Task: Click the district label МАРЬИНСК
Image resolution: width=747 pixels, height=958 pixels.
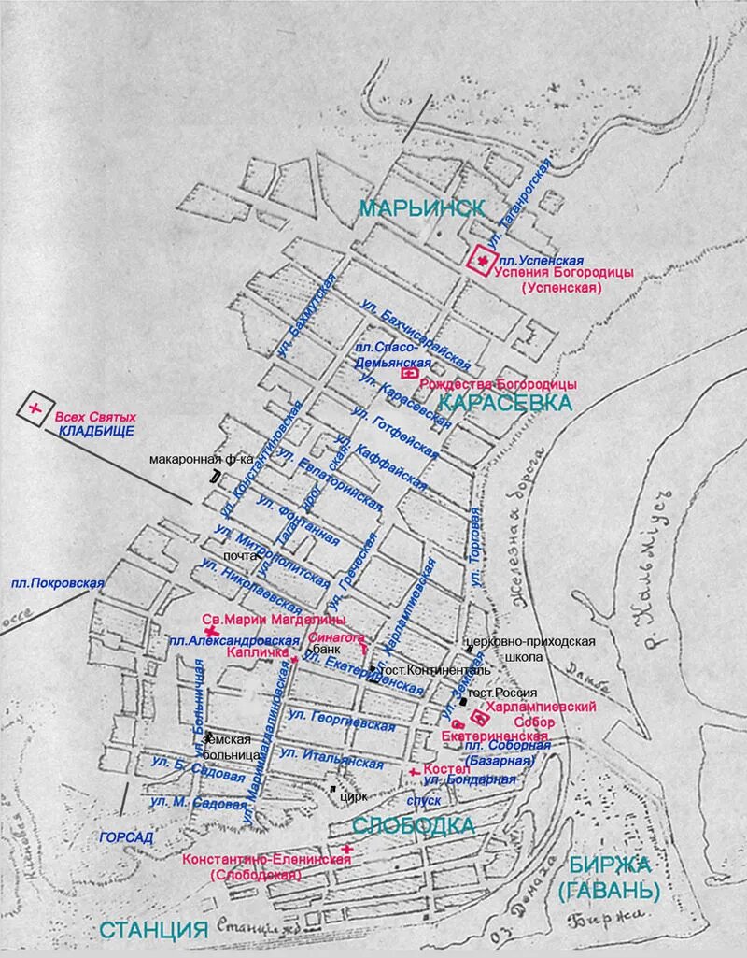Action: click(422, 207)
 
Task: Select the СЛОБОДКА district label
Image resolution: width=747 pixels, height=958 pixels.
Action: click(413, 825)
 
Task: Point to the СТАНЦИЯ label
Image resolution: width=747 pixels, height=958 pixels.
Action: click(152, 929)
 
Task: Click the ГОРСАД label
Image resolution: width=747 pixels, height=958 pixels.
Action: click(126, 837)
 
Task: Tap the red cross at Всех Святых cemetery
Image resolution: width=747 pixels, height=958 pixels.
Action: click(35, 408)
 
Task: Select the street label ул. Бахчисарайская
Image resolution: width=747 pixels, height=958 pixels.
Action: click(416, 332)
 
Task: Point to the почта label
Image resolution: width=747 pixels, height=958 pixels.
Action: click(240, 556)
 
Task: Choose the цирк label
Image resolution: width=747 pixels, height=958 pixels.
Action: click(354, 796)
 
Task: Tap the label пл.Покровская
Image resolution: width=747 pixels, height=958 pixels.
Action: click(57, 582)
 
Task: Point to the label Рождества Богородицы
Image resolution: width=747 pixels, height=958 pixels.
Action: click(499, 384)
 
